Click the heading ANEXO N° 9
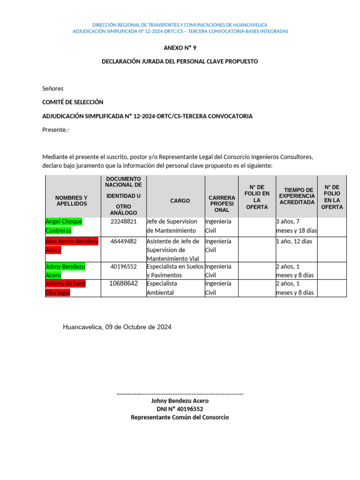[180, 48]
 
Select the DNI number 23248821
[123, 221]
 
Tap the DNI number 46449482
[123, 241]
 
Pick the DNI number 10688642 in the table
[123, 284]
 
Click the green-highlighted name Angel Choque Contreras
[64, 226]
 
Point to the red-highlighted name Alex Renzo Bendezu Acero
[72, 246]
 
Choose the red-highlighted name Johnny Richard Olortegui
[65, 288]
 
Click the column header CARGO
[180, 201]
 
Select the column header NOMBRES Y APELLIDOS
[71, 201]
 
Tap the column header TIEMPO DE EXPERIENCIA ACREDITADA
[297, 196]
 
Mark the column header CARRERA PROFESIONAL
[222, 204]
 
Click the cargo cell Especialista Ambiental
[162, 288]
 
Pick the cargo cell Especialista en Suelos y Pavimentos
[175, 270]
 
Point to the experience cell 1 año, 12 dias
[294, 241]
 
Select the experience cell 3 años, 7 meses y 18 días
[296, 226]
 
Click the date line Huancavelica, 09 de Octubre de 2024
[117, 327]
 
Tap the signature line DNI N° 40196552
[180, 409]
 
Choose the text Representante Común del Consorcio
[180, 417]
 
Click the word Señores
[52, 89]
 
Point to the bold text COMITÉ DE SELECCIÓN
[73, 102]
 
